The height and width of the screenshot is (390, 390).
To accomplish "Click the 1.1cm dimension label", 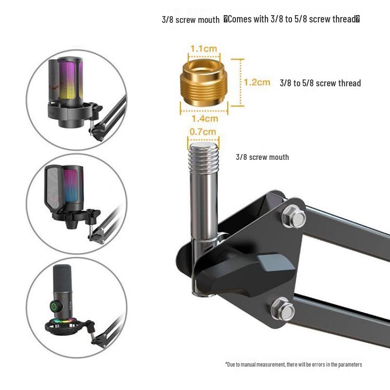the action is (204, 48).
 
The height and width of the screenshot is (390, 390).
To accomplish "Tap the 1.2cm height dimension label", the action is (257, 82).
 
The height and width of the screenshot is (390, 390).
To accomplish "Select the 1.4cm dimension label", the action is (205, 118).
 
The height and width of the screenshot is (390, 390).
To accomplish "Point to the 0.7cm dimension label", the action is (203, 132).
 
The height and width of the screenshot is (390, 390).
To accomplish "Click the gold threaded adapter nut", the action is (204, 83).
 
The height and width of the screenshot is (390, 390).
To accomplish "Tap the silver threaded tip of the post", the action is (203, 156).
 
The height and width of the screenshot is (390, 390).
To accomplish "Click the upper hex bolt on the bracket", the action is (294, 216).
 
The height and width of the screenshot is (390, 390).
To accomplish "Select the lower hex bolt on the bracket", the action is (283, 310).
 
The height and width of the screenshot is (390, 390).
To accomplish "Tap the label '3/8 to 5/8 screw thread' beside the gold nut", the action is (320, 83).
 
